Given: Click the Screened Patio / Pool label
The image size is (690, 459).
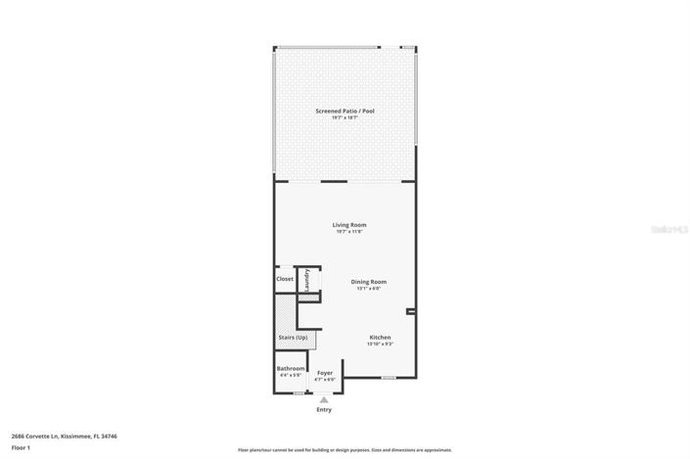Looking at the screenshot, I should [x=345, y=112].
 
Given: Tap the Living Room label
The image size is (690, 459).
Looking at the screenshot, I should [x=349, y=225].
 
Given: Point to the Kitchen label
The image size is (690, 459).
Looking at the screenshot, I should [x=380, y=338].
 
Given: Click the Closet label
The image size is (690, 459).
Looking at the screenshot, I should [x=284, y=279].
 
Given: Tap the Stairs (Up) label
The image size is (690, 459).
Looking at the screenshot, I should [x=293, y=338].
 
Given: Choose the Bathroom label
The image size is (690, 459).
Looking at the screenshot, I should [x=291, y=368].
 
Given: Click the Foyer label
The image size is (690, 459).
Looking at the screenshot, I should [x=325, y=373].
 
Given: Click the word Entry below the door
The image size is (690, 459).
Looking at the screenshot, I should [x=324, y=409].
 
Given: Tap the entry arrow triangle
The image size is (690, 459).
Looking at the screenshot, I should [x=324, y=399].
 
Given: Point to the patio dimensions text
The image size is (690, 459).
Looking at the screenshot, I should [x=345, y=118].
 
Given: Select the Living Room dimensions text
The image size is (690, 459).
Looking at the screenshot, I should [x=349, y=232].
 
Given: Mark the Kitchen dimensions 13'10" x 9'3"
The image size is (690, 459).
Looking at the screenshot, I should [x=380, y=344].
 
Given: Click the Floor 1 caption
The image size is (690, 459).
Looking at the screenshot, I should [x=22, y=446].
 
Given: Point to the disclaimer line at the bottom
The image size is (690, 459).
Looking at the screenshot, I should [x=345, y=450].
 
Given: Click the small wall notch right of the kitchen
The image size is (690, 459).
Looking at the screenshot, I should [x=411, y=312].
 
